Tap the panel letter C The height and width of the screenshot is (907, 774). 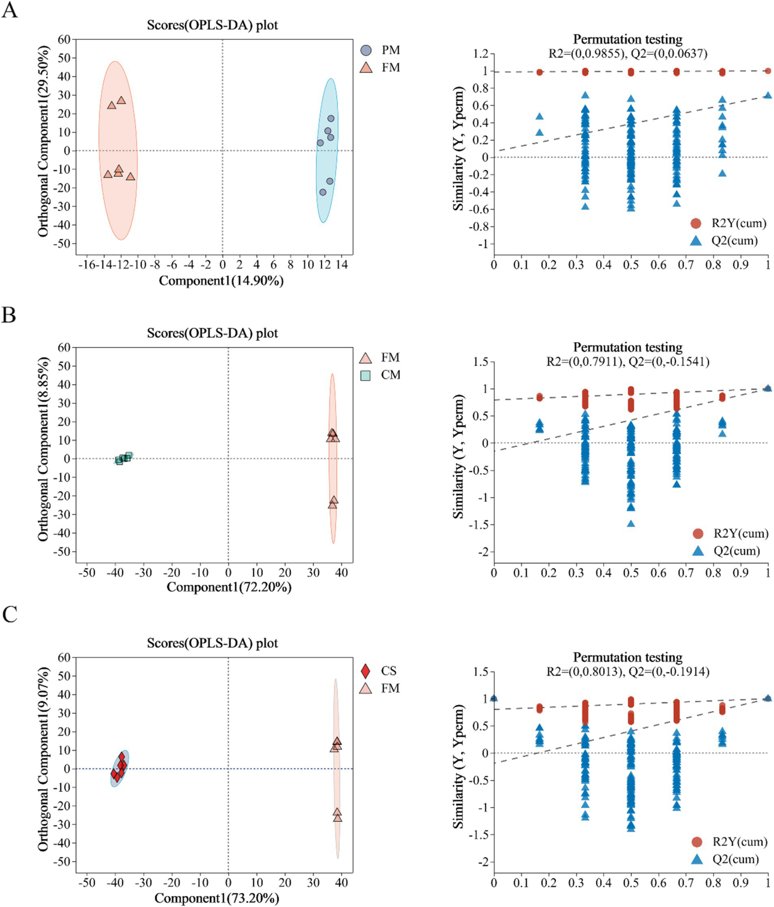point(10,615)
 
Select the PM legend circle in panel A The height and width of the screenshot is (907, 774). point(366,50)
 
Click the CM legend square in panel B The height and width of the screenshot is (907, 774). point(366,376)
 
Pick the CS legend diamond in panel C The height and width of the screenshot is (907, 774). point(366,671)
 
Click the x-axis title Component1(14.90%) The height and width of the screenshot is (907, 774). point(221,281)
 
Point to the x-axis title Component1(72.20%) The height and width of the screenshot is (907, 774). point(229,587)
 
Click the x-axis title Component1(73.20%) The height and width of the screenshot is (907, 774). point(217,898)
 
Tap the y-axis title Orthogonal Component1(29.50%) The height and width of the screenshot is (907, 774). point(44,141)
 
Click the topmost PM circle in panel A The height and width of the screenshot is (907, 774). point(331,119)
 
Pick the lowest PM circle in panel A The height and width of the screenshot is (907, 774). point(323,193)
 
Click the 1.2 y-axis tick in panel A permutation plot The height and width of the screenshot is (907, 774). point(481,54)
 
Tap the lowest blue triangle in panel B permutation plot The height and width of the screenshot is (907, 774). point(631,523)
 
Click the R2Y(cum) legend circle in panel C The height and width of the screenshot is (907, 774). point(697,841)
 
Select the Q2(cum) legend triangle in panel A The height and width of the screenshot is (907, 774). point(696,241)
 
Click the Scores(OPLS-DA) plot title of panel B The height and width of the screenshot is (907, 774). point(212,333)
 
